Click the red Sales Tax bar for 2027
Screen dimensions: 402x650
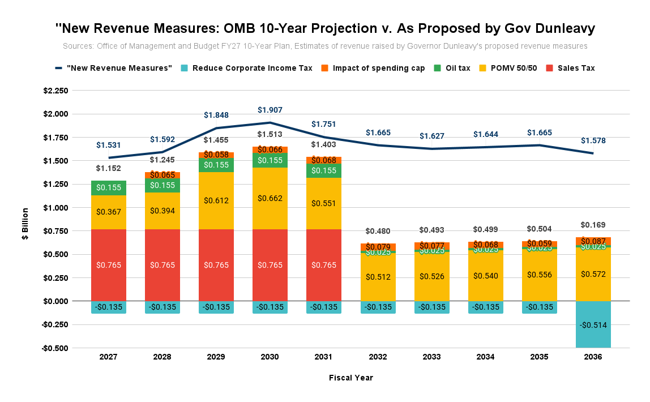coord(108,265)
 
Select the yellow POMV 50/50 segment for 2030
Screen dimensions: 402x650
coord(270,198)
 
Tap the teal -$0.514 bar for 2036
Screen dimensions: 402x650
coord(593,324)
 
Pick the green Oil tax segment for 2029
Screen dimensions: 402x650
coord(216,165)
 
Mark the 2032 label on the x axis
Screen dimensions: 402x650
coord(378,357)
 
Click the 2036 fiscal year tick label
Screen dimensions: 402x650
coord(593,357)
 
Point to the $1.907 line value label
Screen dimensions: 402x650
coord(270,110)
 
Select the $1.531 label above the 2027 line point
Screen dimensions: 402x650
coord(108,145)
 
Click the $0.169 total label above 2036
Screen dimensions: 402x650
coord(593,225)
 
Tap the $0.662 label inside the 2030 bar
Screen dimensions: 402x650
coord(270,198)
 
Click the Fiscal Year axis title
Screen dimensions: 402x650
coord(351,378)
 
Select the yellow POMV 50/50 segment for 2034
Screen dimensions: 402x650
coord(486,276)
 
